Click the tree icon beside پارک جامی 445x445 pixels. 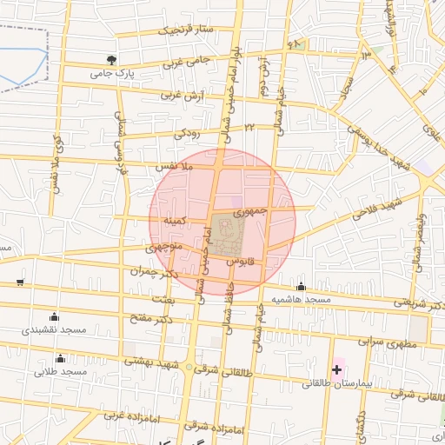coord(110,61)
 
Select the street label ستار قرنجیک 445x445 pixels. coord(183,30)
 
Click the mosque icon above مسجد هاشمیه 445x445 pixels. coord(302,286)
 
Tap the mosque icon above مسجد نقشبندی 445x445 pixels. coord(55,316)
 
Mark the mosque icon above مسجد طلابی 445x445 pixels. coord(60,358)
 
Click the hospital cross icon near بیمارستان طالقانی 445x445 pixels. coord(336,370)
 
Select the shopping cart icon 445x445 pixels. coord(20,283)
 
